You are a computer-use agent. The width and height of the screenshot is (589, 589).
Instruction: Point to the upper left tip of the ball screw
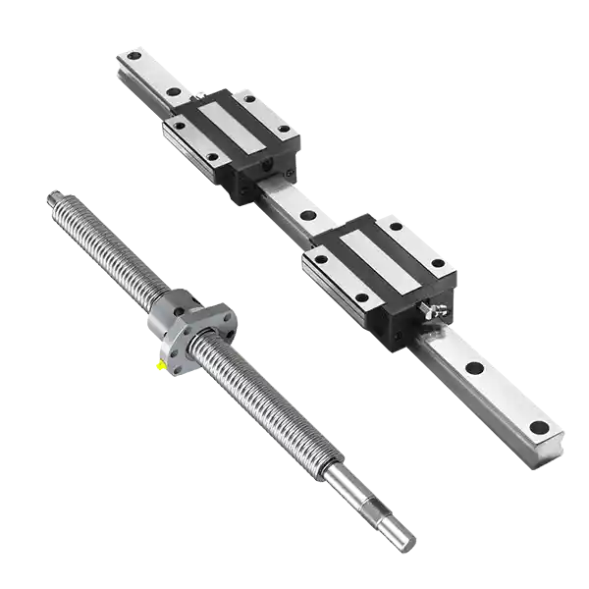47,199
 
